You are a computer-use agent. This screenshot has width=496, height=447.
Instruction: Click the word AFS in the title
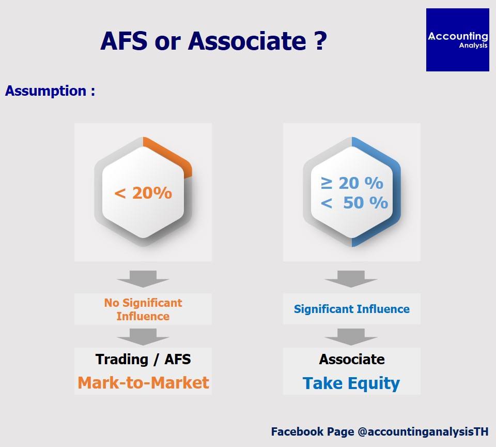tap(124, 41)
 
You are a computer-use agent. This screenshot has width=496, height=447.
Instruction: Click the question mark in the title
tap(321, 41)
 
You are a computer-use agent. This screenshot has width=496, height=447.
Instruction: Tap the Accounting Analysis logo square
tap(457, 40)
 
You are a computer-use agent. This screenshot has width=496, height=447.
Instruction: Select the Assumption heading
tap(50, 91)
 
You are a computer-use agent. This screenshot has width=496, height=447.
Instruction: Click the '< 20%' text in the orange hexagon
tap(143, 192)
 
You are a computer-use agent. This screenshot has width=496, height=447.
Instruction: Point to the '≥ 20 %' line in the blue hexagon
tap(352, 183)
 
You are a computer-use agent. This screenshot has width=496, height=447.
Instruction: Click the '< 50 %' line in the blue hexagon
tap(354, 203)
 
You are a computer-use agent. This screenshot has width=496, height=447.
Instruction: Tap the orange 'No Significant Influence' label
tap(143, 309)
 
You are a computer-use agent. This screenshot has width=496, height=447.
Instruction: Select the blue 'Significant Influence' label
tap(352, 309)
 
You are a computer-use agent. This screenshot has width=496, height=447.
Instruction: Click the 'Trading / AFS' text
tap(143, 359)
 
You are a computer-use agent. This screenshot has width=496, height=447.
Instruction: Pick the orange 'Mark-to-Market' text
tap(143, 382)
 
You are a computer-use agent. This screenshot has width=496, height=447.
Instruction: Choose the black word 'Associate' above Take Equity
tap(352, 359)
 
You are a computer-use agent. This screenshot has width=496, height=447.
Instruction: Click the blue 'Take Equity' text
tap(351, 383)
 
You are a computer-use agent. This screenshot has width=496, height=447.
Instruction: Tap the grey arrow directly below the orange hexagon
tap(143, 279)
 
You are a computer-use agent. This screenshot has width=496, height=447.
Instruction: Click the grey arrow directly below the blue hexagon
tap(351, 279)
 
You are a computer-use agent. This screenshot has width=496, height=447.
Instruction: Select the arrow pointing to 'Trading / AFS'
tap(143, 337)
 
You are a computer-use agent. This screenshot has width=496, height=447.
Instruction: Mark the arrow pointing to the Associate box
tap(351, 337)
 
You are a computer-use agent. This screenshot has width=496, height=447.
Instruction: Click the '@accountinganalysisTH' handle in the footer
tap(423, 432)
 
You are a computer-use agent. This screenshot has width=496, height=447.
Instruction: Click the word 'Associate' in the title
tap(247, 41)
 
